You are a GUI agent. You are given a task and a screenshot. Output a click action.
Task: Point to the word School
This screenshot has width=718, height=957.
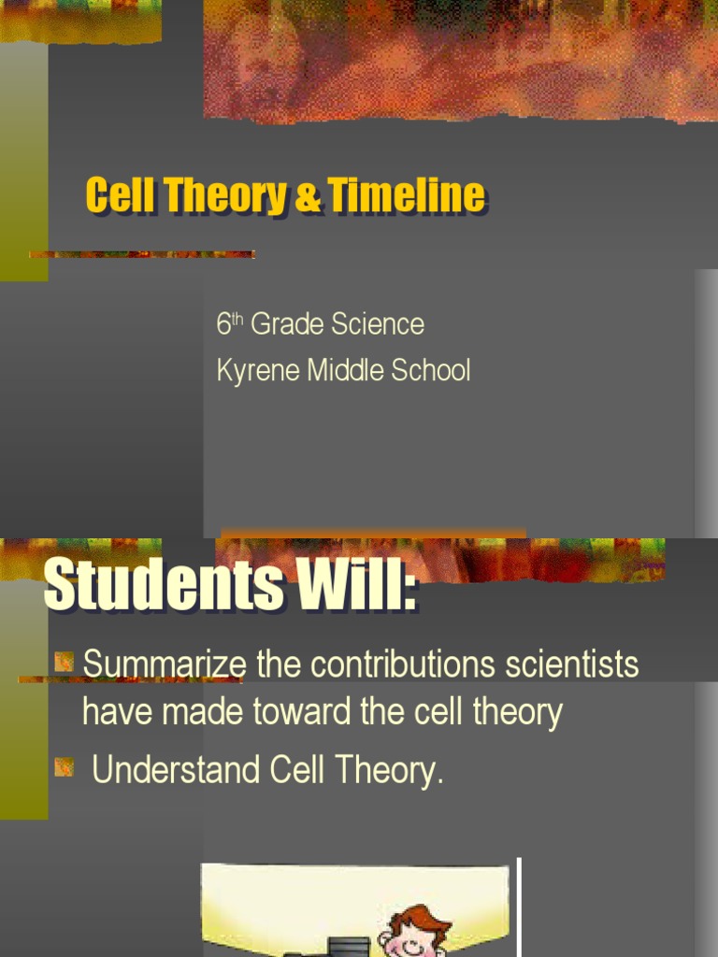pyautogui.click(x=431, y=371)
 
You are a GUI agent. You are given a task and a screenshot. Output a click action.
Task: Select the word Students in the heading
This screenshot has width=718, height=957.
pyautogui.click(x=164, y=586)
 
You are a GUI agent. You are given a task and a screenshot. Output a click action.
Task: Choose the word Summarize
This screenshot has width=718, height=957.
pyautogui.click(x=165, y=665)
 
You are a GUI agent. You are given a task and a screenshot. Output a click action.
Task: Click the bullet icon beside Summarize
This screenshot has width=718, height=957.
pyautogui.click(x=64, y=664)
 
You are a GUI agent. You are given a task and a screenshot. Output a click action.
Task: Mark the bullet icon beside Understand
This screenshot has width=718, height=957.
pyautogui.click(x=64, y=768)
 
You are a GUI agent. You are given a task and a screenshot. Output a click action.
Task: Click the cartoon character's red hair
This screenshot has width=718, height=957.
pyautogui.click(x=420, y=920)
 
